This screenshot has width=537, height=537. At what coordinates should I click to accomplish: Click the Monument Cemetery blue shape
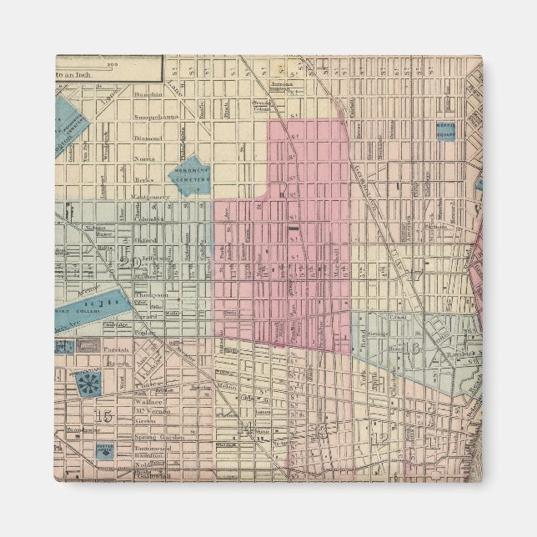coord(191,174)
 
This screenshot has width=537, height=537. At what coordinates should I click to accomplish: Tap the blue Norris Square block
coord(446,129)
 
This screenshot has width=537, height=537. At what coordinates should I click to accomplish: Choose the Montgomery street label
coord(151,198)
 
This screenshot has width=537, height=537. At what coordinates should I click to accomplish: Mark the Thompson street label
coord(152,294)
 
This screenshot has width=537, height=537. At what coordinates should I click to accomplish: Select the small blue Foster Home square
coord(104,453)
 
